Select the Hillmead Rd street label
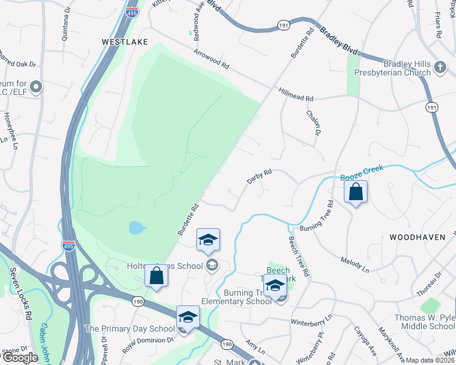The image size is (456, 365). click(296, 98)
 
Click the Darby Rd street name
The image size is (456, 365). click(258, 177)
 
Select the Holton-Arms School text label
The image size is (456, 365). click(165, 265)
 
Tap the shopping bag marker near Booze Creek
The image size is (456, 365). click(356, 193)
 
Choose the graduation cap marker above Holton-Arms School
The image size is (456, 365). click(208, 240)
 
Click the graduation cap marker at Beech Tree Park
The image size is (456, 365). click(276, 285)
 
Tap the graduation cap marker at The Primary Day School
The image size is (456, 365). click(188, 317)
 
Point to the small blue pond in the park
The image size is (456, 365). click(137, 228)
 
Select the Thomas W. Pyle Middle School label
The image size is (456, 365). click(424, 322)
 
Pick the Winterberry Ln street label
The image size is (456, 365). click(312, 318)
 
